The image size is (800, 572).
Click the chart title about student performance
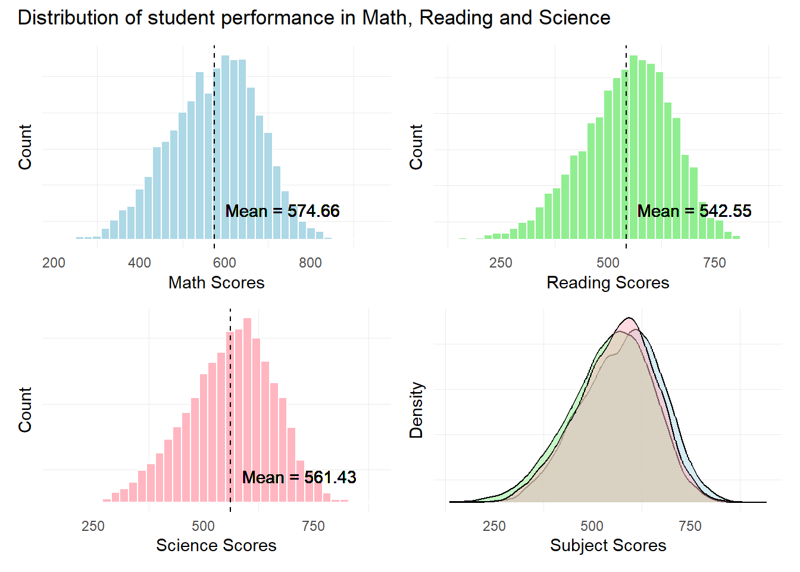click(314, 18)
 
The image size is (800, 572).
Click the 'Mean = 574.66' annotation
click(282, 211)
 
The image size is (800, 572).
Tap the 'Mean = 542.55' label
click(694, 211)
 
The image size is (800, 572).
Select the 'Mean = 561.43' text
click(299, 477)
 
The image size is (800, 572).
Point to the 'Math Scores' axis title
click(216, 282)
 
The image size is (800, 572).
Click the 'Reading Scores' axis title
click(608, 282)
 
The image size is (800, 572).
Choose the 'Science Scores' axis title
click(216, 545)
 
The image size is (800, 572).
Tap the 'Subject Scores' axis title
click(608, 545)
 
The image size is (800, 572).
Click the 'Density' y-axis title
click(416, 410)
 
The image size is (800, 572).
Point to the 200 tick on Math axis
click(54, 263)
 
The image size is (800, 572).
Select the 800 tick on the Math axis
click(310, 263)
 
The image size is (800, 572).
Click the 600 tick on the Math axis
click(224, 263)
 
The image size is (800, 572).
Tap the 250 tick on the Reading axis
click(501, 263)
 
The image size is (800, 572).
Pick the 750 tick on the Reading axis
click(714, 263)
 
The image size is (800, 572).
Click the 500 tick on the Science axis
click(203, 526)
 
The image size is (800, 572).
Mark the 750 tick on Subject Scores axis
click(690, 526)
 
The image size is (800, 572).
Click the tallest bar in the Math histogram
click(225, 149)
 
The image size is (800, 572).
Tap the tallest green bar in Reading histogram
click(634, 149)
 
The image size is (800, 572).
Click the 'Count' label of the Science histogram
click(25, 410)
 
